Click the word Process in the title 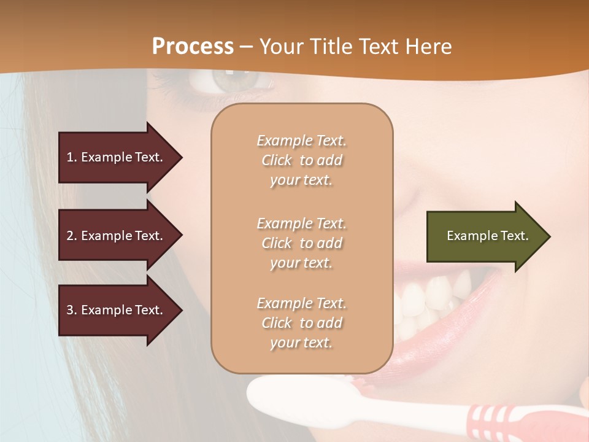tap(193, 46)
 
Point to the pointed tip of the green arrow tap(549, 236)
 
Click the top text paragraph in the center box tap(301, 160)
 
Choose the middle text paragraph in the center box tap(301, 243)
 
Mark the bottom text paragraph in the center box tap(301, 323)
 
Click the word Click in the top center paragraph tap(277, 160)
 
